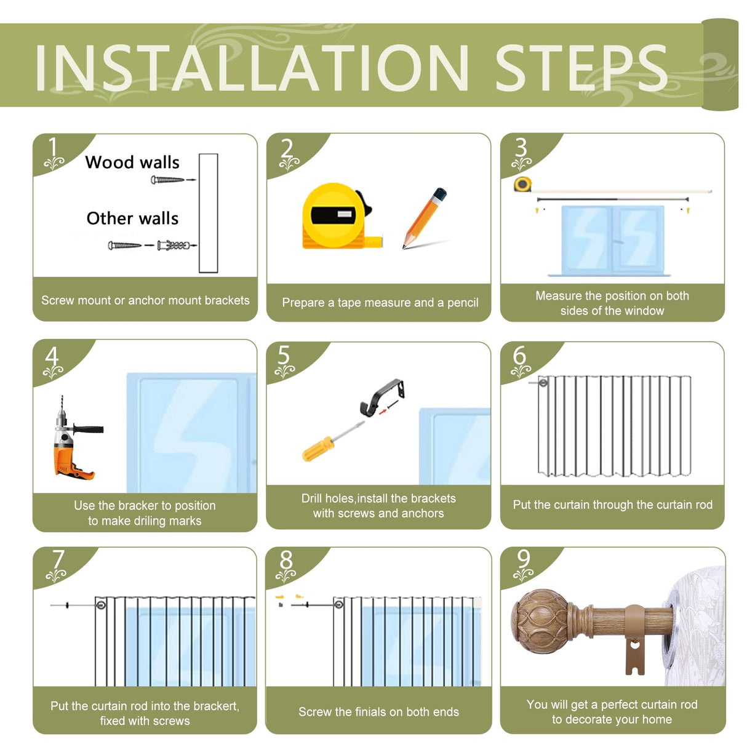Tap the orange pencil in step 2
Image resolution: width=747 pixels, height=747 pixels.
pyautogui.click(x=425, y=218)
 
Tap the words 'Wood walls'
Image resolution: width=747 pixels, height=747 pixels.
pyautogui.click(x=132, y=162)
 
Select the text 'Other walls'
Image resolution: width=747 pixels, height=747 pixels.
pyautogui.click(x=132, y=218)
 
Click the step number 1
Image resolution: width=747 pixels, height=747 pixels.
pyautogui.click(x=53, y=148)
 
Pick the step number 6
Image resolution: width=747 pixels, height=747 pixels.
pyautogui.click(x=519, y=355)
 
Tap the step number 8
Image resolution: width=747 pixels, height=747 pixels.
pyautogui.click(x=286, y=560)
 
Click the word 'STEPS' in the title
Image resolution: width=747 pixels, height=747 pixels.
pyautogui.click(x=581, y=68)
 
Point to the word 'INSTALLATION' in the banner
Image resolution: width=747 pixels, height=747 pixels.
pyautogui.click(x=252, y=68)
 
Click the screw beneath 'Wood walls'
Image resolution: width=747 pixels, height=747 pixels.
pyautogui.click(x=167, y=180)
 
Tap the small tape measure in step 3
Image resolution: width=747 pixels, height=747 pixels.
pyautogui.click(x=522, y=184)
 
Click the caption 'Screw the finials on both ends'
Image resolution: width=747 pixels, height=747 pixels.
pyautogui.click(x=378, y=712)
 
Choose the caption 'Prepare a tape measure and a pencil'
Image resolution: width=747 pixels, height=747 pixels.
pyautogui.click(x=380, y=302)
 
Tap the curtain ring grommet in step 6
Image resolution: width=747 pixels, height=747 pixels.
pyautogui.click(x=543, y=383)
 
